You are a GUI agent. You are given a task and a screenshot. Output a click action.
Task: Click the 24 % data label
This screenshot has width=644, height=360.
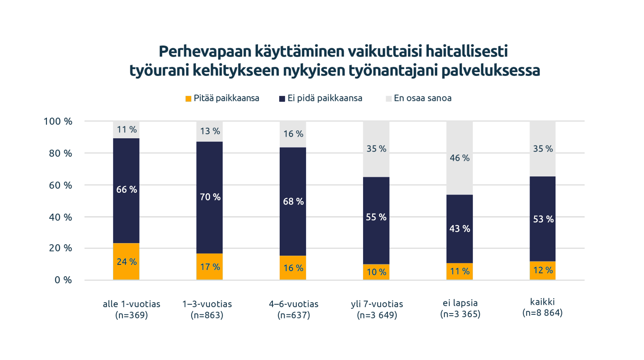[x=127, y=262]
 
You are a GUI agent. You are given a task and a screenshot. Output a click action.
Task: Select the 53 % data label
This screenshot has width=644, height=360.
[x=543, y=219]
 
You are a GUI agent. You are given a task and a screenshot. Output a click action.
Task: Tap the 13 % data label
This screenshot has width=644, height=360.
[x=210, y=131]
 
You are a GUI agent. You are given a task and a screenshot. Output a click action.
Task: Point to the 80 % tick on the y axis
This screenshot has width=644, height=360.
[x=60, y=153]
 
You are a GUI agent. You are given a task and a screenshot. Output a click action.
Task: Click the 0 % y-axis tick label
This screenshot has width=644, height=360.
[x=63, y=280]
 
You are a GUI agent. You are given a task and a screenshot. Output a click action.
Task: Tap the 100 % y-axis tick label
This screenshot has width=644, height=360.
[x=58, y=122]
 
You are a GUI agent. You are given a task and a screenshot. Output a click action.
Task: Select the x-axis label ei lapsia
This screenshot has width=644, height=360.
[x=460, y=303]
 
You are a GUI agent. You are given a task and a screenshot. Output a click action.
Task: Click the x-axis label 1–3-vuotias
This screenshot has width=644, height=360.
[x=207, y=304]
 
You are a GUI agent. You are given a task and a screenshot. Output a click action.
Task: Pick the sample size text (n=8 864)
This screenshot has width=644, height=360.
[x=543, y=313]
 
